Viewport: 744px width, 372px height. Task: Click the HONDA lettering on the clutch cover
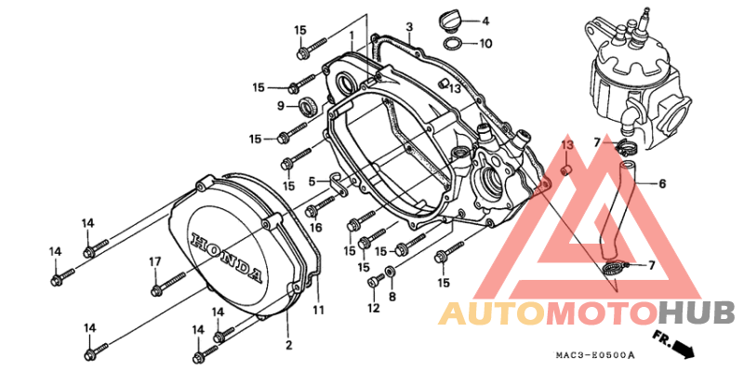pyautogui.click(x=226, y=258)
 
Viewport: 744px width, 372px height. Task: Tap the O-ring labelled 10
pyautogui.click(x=452, y=44)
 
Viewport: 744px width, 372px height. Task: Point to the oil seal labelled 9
pyautogui.click(x=309, y=106)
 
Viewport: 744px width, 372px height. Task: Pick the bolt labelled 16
pyautogui.click(x=322, y=205)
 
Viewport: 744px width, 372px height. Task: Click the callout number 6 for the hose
pyautogui.click(x=661, y=183)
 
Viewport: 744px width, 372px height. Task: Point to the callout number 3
pyautogui.click(x=409, y=27)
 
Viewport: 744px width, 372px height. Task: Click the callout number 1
pyautogui.click(x=352, y=35)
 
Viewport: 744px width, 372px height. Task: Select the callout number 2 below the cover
pyautogui.click(x=288, y=345)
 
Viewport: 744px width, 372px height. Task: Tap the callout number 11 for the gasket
pyautogui.click(x=318, y=311)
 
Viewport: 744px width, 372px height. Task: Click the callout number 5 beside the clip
pyautogui.click(x=312, y=181)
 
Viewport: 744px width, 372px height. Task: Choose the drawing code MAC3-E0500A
pyautogui.click(x=595, y=355)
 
